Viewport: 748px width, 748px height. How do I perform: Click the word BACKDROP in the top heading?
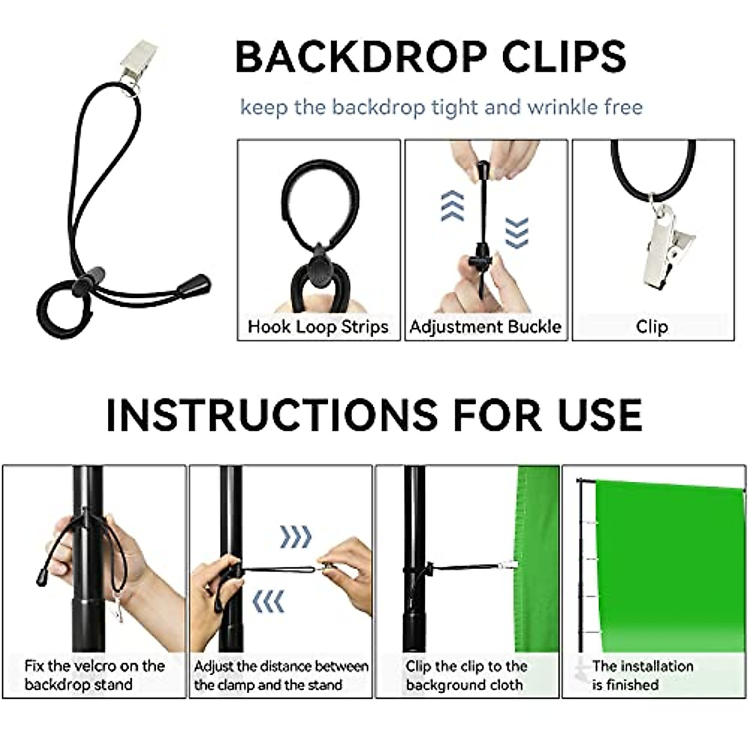tap(360, 57)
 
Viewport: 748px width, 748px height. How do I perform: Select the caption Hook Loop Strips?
tap(318, 327)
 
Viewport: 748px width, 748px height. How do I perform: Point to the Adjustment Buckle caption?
tap(486, 327)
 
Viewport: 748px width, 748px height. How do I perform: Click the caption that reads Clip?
tap(652, 327)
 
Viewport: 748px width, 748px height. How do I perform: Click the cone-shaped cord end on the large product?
tap(194, 285)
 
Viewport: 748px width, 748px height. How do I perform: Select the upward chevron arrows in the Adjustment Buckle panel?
tap(453, 206)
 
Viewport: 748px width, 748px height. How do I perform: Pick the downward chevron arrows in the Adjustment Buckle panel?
tap(517, 233)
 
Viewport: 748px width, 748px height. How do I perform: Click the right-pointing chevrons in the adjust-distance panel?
tap(295, 536)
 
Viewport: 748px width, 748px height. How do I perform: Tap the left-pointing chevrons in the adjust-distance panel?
tap(269, 602)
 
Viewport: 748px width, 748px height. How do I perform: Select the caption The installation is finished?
tap(642, 675)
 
